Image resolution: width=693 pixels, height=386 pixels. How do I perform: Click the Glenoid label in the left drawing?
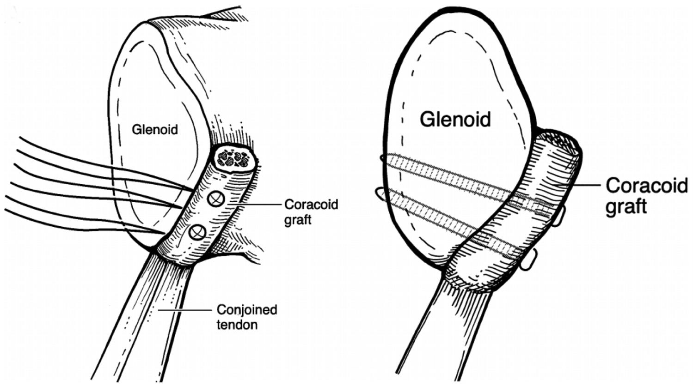click(155, 130)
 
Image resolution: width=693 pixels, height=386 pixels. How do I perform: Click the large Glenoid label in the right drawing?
click(455, 119)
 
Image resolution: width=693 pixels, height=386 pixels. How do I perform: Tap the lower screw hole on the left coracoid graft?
click(198, 232)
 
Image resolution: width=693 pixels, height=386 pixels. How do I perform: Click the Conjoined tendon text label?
click(247, 317)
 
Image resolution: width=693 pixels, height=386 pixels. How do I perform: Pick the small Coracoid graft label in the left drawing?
click(311, 211)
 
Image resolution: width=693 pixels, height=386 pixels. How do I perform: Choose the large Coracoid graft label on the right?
click(646, 196)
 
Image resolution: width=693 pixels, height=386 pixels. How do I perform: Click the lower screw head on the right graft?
click(529, 261)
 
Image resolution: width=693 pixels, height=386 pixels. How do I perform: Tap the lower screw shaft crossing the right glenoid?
click(444, 215)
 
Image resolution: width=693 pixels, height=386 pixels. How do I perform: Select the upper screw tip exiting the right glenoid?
click(383, 158)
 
